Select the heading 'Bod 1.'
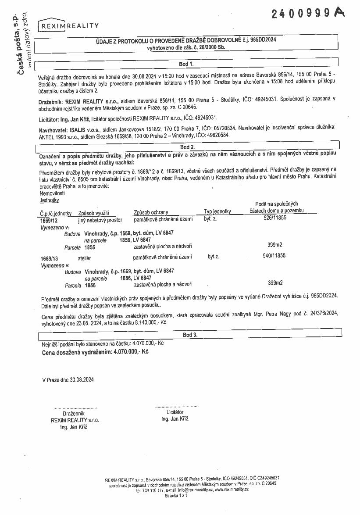point(186,64)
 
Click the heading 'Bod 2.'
point(187,147)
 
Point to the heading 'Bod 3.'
point(190,335)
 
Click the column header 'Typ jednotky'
point(217,212)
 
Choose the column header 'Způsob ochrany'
point(151,212)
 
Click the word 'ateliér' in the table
point(84,258)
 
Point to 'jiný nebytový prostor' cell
point(100,220)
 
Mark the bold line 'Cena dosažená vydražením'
point(95,352)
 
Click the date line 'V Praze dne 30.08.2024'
point(68,379)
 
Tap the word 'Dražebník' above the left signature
point(74,413)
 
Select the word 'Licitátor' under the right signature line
point(175,412)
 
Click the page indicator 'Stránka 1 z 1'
point(176,495)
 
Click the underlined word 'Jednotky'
point(49,200)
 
